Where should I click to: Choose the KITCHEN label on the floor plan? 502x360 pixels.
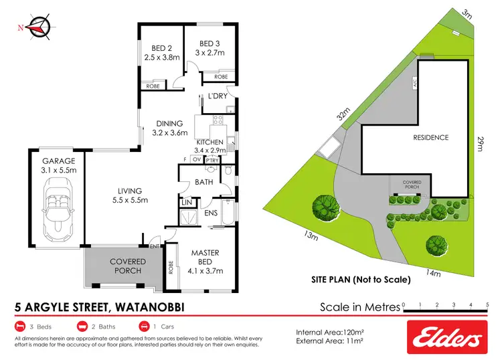(x=209, y=143)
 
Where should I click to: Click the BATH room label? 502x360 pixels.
(x=203, y=182)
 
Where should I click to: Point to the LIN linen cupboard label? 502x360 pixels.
(x=187, y=201)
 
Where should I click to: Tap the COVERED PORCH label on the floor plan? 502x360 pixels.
(x=126, y=266)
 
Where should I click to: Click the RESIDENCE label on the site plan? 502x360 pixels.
(x=430, y=137)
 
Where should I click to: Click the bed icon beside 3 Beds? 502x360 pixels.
(x=19, y=327)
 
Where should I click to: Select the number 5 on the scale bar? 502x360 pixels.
(x=487, y=304)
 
